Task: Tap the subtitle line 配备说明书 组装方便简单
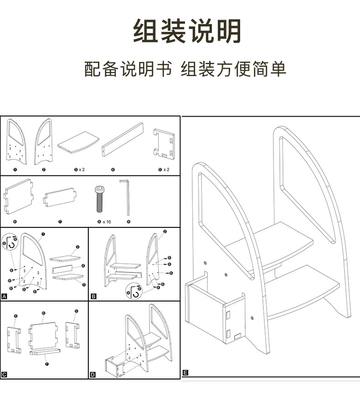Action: (185, 69)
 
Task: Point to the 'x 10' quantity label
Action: (106, 222)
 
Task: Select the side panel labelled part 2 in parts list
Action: (44, 141)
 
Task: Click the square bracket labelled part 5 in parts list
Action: (164, 144)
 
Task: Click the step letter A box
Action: (5, 297)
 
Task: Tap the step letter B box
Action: (94, 297)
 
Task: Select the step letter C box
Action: (5, 374)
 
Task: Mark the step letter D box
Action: (93, 374)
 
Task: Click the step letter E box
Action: (185, 373)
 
